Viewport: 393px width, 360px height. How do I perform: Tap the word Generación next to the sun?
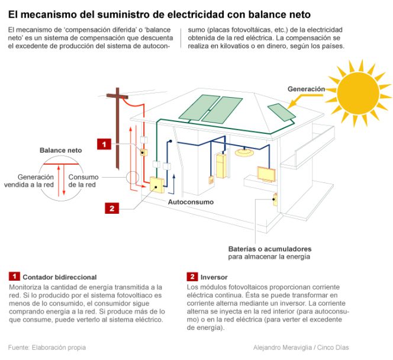307,89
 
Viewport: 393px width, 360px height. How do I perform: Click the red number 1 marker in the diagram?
104,144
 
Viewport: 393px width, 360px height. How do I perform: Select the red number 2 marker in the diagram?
112,208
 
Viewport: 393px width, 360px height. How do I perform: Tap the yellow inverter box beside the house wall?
157,185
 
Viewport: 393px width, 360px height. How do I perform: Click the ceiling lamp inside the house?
244,153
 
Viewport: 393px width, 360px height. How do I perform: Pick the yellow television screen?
266,173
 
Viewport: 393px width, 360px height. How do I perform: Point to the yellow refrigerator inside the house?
221,166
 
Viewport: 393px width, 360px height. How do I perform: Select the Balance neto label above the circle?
61,150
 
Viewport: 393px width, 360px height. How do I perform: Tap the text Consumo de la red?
82,181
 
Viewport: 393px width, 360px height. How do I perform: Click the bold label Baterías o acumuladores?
270,249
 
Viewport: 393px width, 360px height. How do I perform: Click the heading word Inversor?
214,277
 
